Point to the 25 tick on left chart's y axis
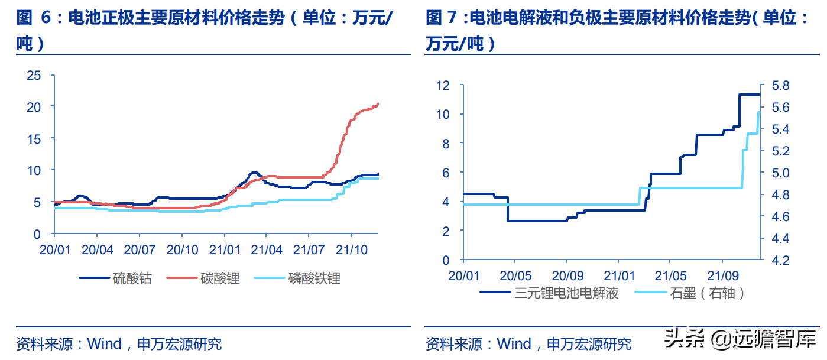click(34, 75)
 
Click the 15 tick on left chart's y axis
click(34, 139)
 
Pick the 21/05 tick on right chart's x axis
click(669, 275)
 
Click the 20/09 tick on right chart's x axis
click(566, 275)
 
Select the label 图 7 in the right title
click(442, 19)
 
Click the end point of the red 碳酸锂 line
click(378, 104)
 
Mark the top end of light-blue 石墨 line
click(758, 112)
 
